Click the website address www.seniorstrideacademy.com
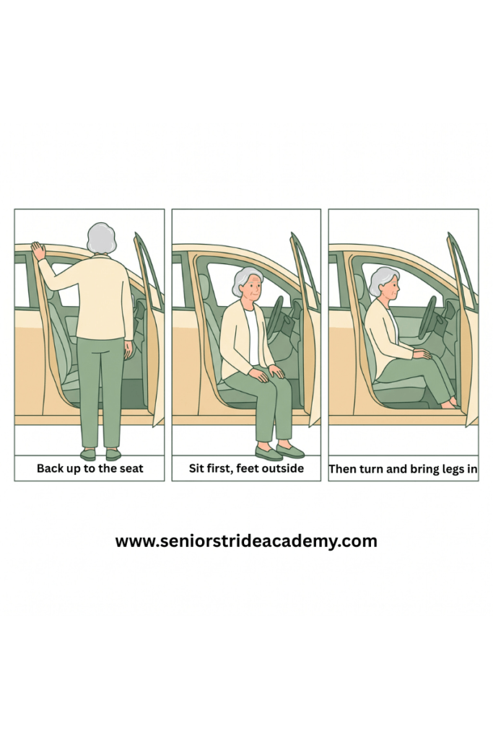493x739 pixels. (x=246, y=541)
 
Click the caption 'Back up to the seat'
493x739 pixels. (x=90, y=468)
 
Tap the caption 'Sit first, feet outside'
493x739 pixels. (x=247, y=468)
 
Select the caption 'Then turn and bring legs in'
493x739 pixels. (x=403, y=469)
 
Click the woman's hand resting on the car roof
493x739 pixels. (x=38, y=250)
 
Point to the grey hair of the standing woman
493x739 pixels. (x=101, y=238)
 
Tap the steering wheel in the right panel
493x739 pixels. (x=428, y=318)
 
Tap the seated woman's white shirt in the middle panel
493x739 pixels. (x=251, y=336)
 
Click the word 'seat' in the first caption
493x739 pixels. (x=131, y=468)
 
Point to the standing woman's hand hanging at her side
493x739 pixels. (x=128, y=350)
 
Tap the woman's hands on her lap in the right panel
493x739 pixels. (x=421, y=354)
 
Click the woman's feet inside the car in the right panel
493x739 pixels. (x=450, y=403)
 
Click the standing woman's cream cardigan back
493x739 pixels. (x=102, y=297)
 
